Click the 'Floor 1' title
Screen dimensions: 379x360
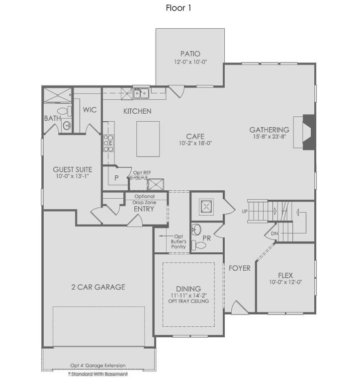coord(179,7)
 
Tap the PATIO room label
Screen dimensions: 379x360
coord(190,54)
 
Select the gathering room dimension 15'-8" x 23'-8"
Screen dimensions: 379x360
coord(269,137)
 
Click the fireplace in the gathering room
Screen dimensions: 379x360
coord(308,132)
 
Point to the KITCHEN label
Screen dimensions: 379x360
coord(137,111)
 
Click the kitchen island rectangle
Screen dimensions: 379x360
coord(148,139)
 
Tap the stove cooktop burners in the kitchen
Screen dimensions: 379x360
coord(108,144)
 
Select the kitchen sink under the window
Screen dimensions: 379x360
coord(141,92)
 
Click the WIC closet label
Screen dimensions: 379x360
coord(90,110)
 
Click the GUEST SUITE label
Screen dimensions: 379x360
coord(73,169)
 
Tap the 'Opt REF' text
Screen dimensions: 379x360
coord(142,173)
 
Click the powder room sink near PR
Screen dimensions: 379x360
coord(197,229)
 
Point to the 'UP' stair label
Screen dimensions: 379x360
coord(244,212)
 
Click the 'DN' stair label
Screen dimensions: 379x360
coord(274,233)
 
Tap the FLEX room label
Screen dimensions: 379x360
coord(285,276)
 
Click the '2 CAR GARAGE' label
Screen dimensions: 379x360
coord(98,287)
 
